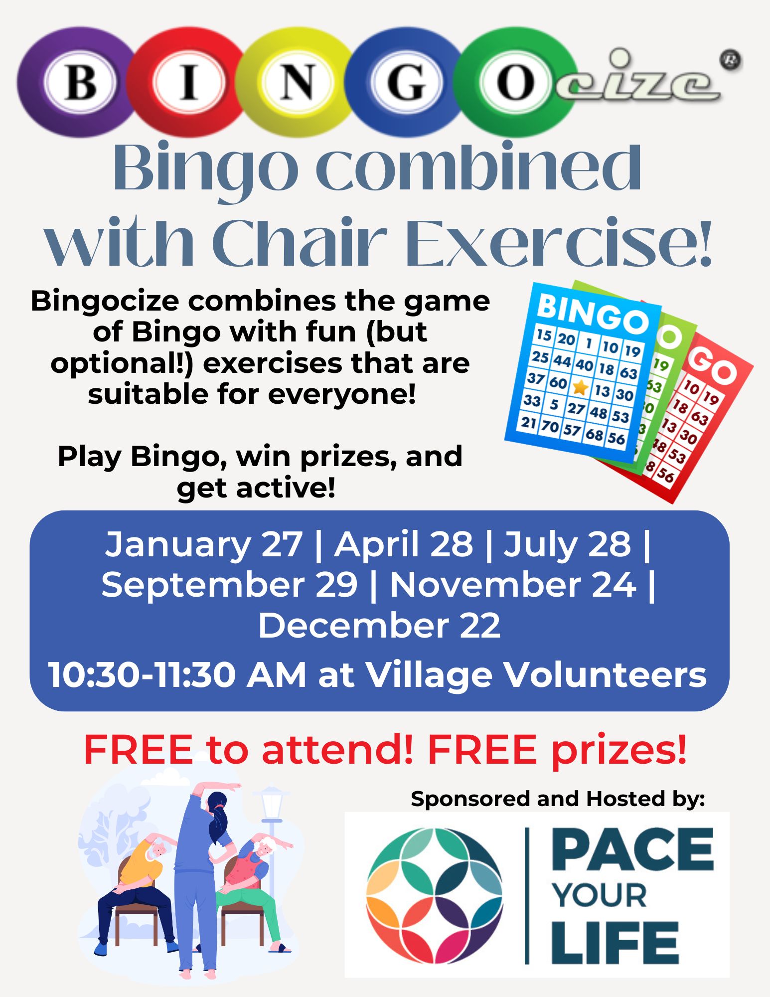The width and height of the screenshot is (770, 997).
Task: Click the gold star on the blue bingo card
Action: click(580, 387)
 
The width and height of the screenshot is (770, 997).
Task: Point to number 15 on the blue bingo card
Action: click(544, 334)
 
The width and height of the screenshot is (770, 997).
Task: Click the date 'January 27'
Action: click(203, 544)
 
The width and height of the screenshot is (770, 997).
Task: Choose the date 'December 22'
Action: click(379, 626)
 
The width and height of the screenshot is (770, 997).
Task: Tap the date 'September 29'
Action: click(230, 585)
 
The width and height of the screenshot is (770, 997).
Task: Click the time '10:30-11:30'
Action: click(142, 675)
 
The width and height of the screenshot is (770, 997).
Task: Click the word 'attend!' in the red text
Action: click(337, 750)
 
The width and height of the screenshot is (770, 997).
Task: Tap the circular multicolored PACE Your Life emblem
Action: click(435, 896)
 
